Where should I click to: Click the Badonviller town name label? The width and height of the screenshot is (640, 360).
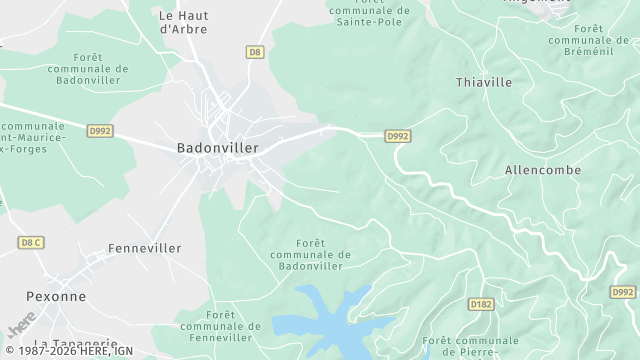click(x=217, y=147)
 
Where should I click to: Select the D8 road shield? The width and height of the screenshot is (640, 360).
click(x=255, y=51)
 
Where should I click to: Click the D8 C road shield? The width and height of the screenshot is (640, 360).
click(x=31, y=242)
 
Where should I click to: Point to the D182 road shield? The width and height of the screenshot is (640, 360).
click(x=481, y=303)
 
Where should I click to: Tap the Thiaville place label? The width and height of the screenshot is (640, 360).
click(x=484, y=82)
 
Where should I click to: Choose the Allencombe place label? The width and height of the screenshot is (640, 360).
click(x=543, y=170)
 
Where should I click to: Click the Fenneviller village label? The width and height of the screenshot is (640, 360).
click(x=144, y=247)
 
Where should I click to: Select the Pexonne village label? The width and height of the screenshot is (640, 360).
click(x=56, y=296)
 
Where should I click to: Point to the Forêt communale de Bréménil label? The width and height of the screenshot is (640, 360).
click(x=589, y=39)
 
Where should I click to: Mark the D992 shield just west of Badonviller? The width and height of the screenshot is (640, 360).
click(x=100, y=129)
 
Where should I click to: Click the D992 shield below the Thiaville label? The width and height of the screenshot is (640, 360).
click(x=398, y=136)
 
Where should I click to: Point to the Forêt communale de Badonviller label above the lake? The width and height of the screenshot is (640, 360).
click(x=310, y=254)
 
